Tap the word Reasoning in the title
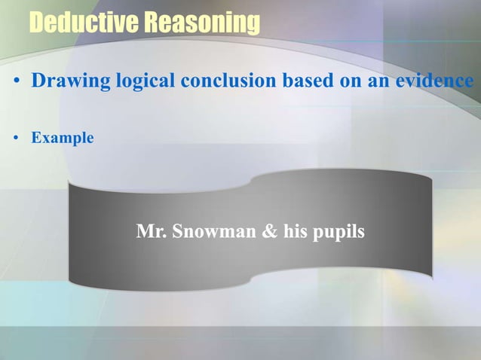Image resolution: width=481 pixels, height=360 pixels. pyautogui.click(x=202, y=24)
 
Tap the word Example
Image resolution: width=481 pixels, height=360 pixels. pyautogui.click(x=63, y=139)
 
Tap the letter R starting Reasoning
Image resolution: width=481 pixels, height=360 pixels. pyautogui.click(x=152, y=23)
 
